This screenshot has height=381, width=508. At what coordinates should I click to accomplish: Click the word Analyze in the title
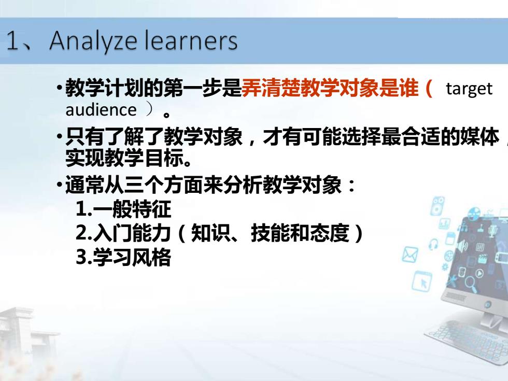pyautogui.click(x=93, y=41)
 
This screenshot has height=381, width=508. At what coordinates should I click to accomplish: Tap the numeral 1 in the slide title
pyautogui.click(x=12, y=40)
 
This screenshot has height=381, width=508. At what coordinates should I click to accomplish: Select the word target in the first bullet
pyautogui.click(x=469, y=89)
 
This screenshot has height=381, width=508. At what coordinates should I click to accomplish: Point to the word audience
pyautogui.click(x=101, y=109)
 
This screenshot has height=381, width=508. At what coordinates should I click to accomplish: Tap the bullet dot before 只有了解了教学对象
pyautogui.click(x=59, y=136)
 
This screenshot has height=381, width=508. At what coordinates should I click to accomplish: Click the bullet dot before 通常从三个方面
pyautogui.click(x=59, y=185)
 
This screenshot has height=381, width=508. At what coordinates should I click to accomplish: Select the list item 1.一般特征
pyautogui.click(x=123, y=209)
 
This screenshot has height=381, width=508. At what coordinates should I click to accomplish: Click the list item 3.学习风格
pyautogui.click(x=123, y=257)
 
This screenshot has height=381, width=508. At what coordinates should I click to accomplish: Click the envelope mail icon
pyautogui.click(x=410, y=254)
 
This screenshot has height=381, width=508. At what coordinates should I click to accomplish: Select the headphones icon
pyautogui.click(x=433, y=244)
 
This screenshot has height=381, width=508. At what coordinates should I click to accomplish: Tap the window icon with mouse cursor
pyautogui.click(x=422, y=281)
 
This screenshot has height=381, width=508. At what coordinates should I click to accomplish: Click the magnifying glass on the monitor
pyautogui.click(x=471, y=284)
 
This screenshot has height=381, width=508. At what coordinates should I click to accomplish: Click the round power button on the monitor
pyautogui.click(x=488, y=304)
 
